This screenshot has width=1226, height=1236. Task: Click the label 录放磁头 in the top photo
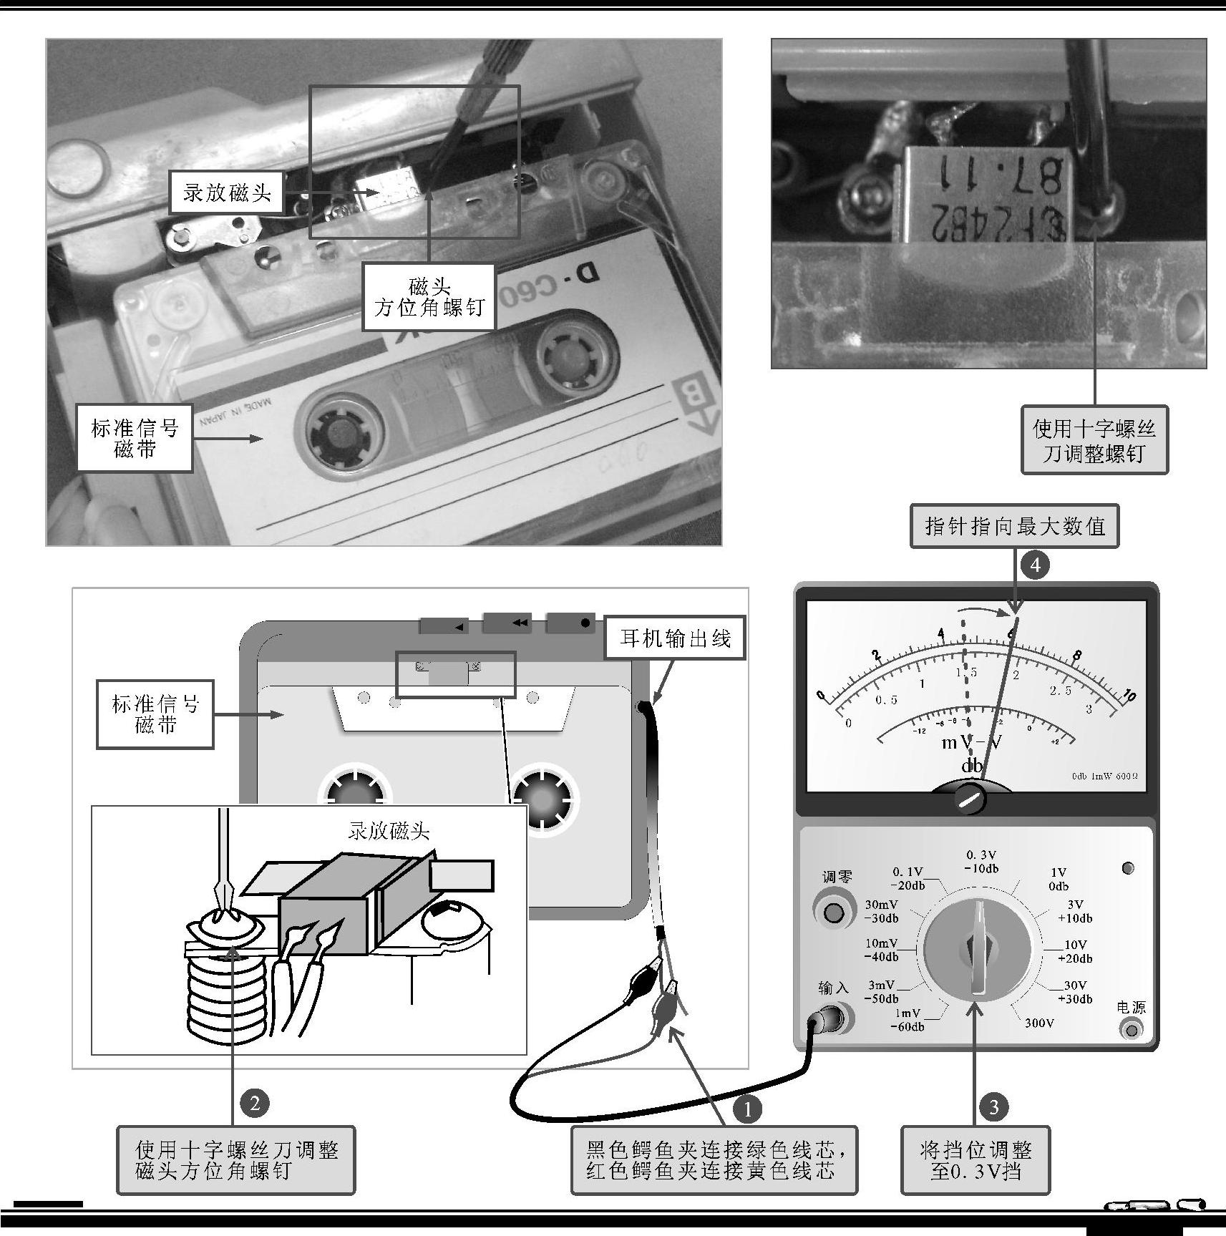click(x=227, y=193)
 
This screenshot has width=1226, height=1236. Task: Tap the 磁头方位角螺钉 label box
click(x=429, y=298)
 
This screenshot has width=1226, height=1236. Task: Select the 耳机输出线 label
click(x=675, y=638)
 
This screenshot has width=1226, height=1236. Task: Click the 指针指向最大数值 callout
click(x=1014, y=527)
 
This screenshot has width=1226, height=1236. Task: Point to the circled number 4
click(x=1034, y=565)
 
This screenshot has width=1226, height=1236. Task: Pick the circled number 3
click(x=993, y=1107)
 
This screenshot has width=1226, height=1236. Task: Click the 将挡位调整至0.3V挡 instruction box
click(x=975, y=1161)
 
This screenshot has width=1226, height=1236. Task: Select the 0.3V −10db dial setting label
click(x=981, y=862)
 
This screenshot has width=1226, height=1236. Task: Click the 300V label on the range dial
click(x=1039, y=1023)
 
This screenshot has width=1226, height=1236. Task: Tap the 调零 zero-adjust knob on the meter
click(x=833, y=913)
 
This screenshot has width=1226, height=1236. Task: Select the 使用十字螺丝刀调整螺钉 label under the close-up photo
click(x=1094, y=441)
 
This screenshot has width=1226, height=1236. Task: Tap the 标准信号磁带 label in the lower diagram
click(x=155, y=714)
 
